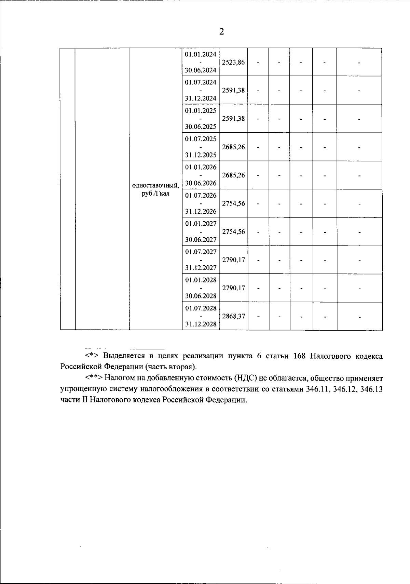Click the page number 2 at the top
point(221,32)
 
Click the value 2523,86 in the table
point(233,63)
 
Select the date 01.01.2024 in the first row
point(201,54)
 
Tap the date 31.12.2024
point(201,98)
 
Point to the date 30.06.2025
point(201,127)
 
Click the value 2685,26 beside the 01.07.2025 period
point(233,147)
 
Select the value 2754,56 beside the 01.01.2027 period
point(233,231)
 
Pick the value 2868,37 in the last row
point(233,316)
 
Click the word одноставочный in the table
point(155,186)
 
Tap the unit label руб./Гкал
point(155,194)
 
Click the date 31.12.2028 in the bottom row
point(201,324)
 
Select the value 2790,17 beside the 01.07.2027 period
point(233,260)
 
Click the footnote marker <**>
point(94,378)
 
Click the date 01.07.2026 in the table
point(201,196)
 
